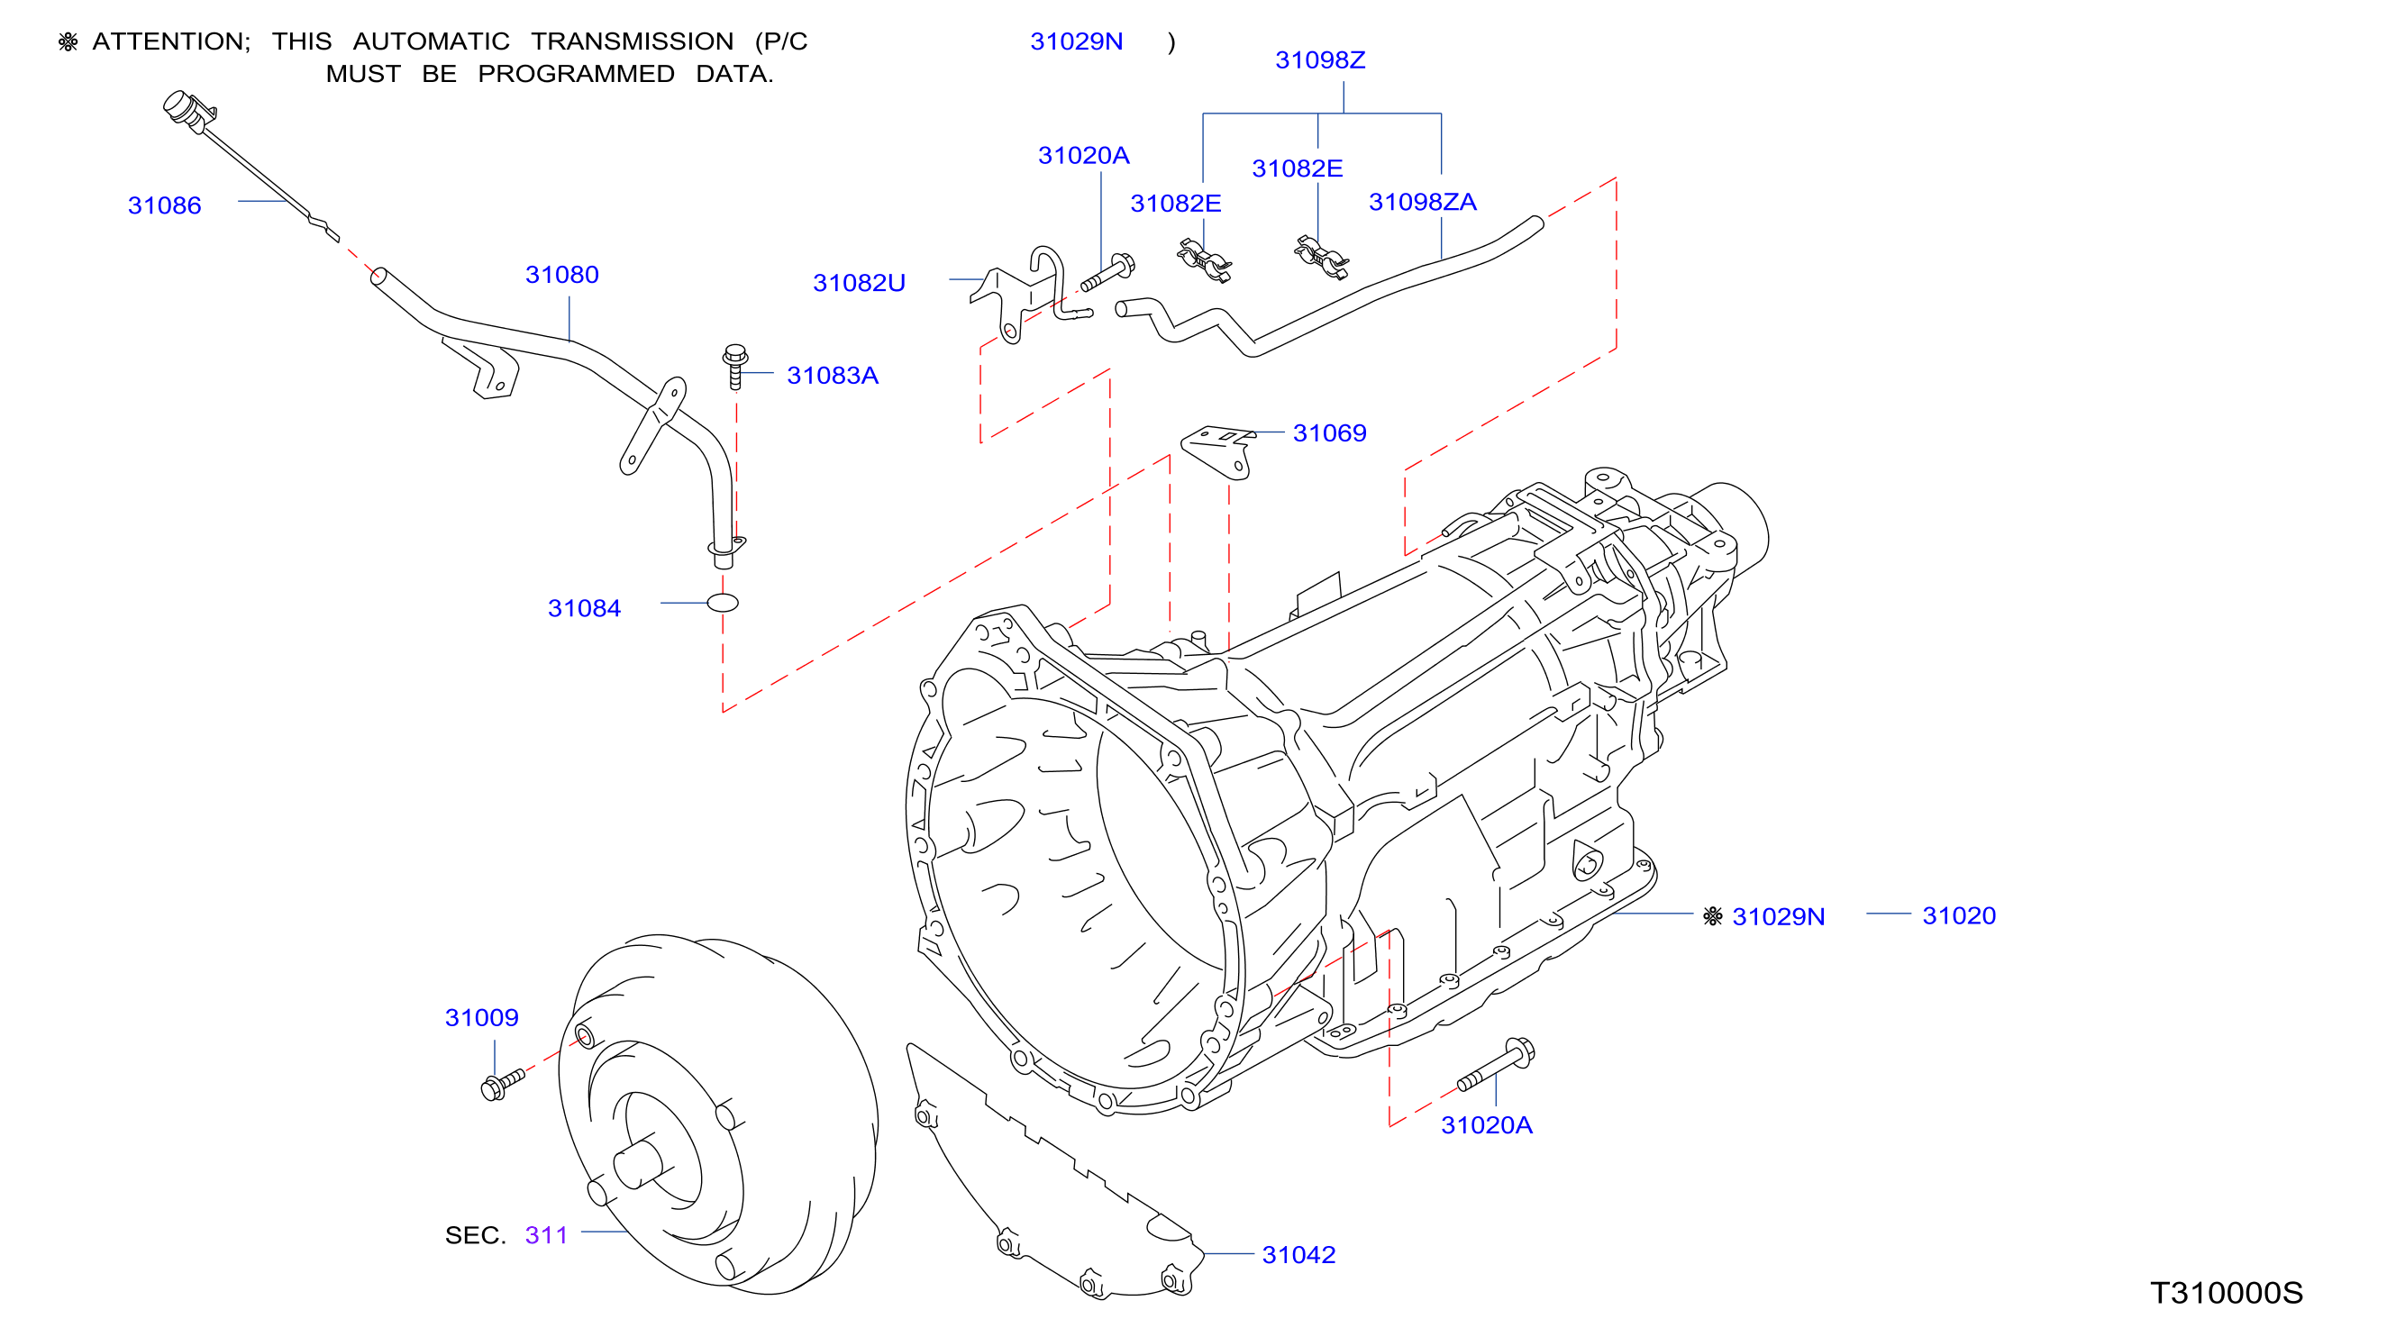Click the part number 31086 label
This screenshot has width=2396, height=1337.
164,205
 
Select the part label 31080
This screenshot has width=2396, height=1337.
561,274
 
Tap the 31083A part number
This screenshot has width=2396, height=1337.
833,375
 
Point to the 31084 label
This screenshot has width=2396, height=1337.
584,608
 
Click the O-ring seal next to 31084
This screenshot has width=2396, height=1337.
723,603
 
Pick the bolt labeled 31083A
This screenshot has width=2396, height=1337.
734,367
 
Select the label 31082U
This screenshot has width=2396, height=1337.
859,283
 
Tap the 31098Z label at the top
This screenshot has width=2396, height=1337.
1320,59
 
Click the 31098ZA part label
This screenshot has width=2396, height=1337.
1422,202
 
